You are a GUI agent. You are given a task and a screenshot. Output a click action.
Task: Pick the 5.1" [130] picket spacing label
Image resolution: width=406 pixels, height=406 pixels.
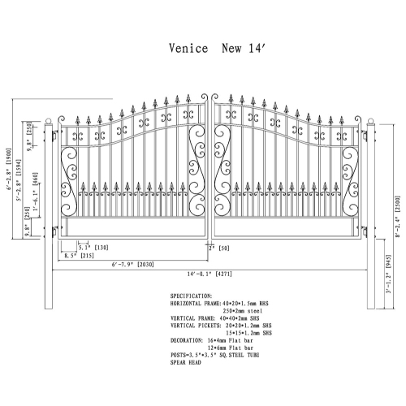(x=95, y=247)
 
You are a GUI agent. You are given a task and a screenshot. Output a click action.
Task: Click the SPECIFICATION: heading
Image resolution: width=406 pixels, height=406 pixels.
(x=193, y=296)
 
